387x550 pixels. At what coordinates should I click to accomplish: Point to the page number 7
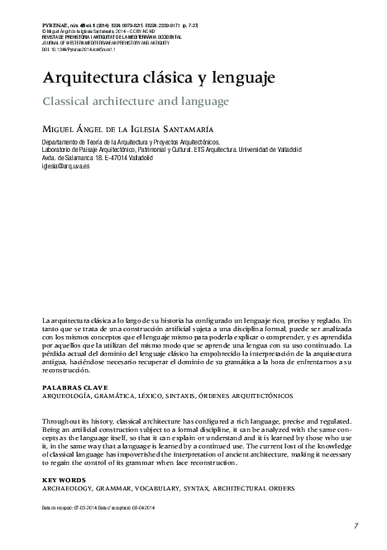click(355, 526)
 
